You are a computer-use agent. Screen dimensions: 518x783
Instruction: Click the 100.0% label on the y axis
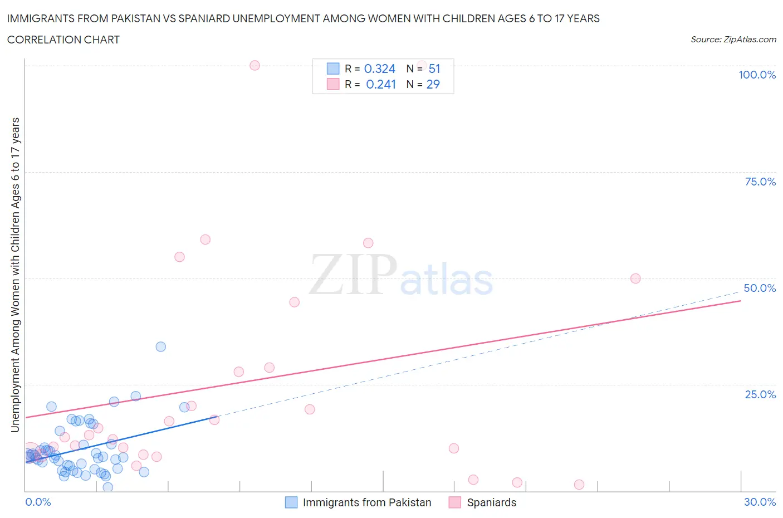pyautogui.click(x=757, y=75)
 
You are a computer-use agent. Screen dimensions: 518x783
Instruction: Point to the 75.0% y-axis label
pyautogui.click(x=760, y=182)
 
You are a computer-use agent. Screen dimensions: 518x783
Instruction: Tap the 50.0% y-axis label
pyautogui.click(x=760, y=288)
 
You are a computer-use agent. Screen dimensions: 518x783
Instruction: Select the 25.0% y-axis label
pyautogui.click(x=760, y=394)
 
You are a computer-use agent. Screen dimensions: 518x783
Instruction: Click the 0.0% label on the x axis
pyautogui.click(x=38, y=502)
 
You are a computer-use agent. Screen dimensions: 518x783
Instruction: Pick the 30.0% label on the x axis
pyautogui.click(x=760, y=502)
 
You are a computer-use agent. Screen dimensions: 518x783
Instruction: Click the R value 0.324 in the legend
pyautogui.click(x=379, y=69)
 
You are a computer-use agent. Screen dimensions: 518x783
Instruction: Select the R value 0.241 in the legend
pyautogui.click(x=381, y=84)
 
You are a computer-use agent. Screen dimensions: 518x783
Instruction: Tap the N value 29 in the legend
pyautogui.click(x=433, y=84)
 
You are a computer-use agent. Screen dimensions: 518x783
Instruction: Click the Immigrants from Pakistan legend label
pyautogui.click(x=367, y=502)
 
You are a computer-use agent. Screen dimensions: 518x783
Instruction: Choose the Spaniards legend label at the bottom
pyautogui.click(x=491, y=502)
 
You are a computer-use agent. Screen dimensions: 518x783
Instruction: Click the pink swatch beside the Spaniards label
pyautogui.click(x=455, y=502)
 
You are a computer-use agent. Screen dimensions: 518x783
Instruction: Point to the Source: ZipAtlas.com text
pyautogui.click(x=733, y=40)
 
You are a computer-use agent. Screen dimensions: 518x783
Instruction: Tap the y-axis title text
pyautogui.click(x=15, y=275)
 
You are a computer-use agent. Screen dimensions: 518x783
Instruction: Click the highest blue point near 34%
pyautogui.click(x=161, y=346)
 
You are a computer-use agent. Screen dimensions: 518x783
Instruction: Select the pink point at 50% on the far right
pyautogui.click(x=635, y=278)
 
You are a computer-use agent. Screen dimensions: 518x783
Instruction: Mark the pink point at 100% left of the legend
pyautogui.click(x=255, y=65)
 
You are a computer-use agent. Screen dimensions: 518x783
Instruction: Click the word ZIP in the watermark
pyautogui.click(x=353, y=274)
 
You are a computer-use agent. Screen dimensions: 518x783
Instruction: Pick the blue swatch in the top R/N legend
pyautogui.click(x=332, y=69)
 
